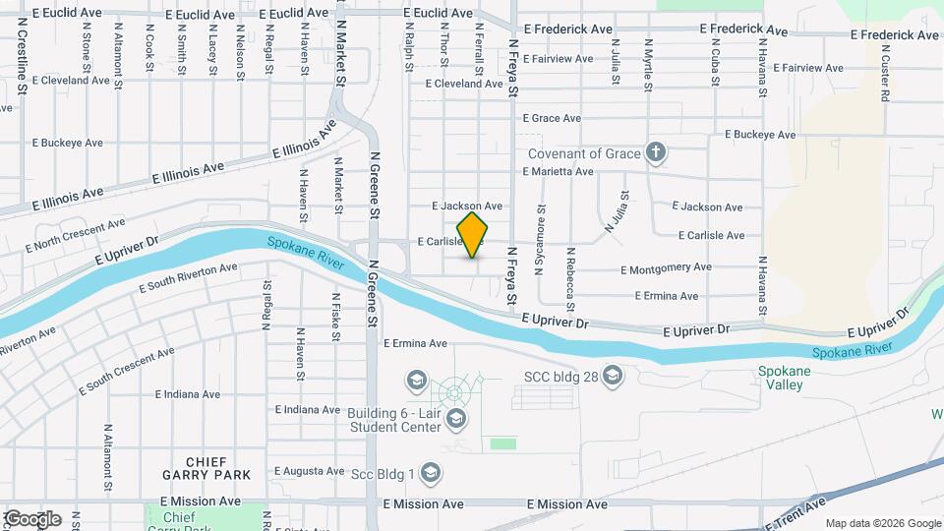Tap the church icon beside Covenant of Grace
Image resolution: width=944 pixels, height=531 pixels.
click(x=656, y=152)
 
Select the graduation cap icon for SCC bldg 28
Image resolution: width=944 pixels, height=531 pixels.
click(x=614, y=376)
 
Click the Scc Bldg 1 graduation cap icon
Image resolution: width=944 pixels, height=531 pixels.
click(x=430, y=474)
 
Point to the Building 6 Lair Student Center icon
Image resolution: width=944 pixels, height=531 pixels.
click(x=455, y=420)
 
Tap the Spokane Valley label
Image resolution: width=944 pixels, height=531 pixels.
click(x=783, y=378)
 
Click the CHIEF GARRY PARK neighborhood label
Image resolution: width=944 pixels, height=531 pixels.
click(x=206, y=468)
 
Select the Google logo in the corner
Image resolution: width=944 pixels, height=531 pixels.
click(x=31, y=519)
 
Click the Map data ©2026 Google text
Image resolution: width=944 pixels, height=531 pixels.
click(x=882, y=523)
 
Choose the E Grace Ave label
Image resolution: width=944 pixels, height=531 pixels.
click(x=552, y=118)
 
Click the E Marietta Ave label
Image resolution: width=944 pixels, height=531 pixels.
click(x=558, y=171)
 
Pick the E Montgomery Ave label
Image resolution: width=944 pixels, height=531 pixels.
click(x=666, y=267)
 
